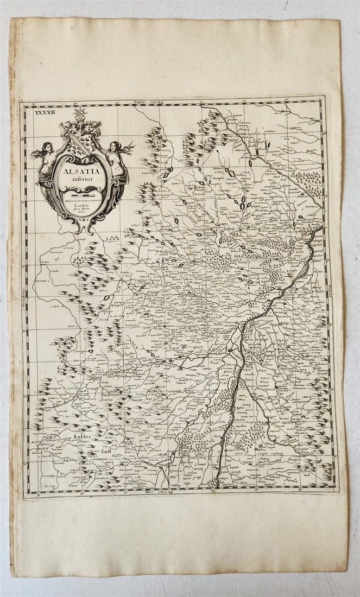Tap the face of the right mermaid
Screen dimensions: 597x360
[113, 145]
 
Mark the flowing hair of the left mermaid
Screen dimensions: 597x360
[36, 154]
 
